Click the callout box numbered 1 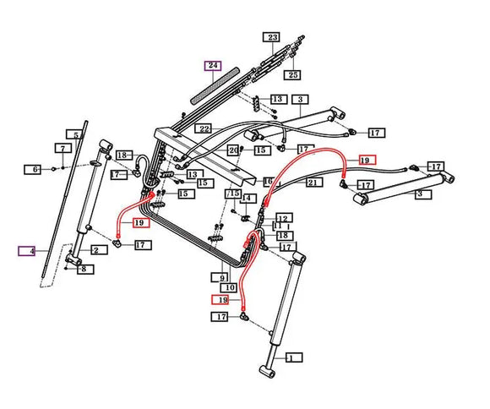(x=292, y=358)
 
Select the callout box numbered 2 (x=100, y=250)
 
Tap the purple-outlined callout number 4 (x=27, y=251)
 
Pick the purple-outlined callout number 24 (x=211, y=65)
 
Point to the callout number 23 (x=272, y=38)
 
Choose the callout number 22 (x=204, y=128)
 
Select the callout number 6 (x=35, y=170)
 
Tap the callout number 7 (x=62, y=149)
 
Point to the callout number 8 (x=82, y=269)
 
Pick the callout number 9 (x=223, y=276)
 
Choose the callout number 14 (x=248, y=199)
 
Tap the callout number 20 (x=234, y=150)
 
